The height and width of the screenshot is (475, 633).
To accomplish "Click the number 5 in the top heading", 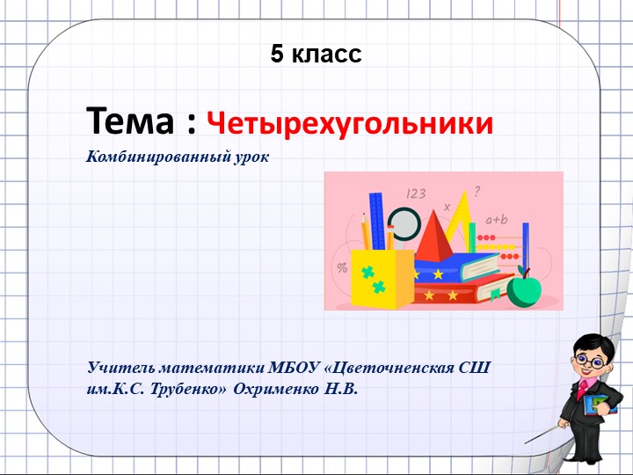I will click(278, 55).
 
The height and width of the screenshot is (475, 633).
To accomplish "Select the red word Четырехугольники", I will click(350, 123).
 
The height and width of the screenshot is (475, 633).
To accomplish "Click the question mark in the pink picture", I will click(477, 188).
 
